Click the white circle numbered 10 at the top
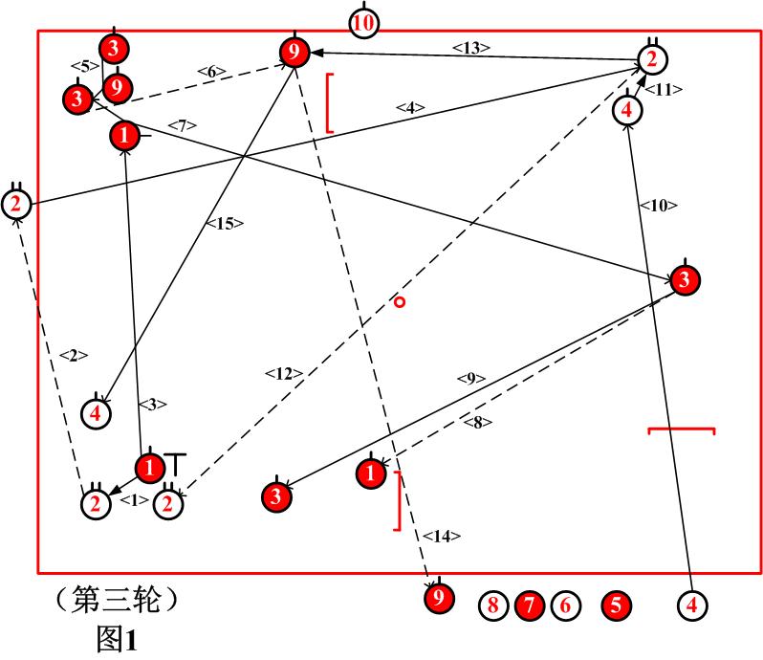(362, 22)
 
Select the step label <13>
(471, 47)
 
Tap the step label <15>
(226, 223)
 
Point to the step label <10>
(658, 205)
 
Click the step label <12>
(284, 373)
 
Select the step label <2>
(73, 355)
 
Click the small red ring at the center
(400, 302)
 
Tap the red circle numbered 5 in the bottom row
(617, 605)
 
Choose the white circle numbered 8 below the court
(493, 605)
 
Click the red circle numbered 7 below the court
(529, 605)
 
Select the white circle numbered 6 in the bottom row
(564, 605)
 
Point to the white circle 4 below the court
(692, 605)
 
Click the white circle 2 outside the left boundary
(16, 204)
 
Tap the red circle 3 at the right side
(685, 280)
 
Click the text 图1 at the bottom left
(117, 638)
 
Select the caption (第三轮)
(117, 601)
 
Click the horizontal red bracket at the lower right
(682, 431)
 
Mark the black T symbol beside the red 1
(178, 463)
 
